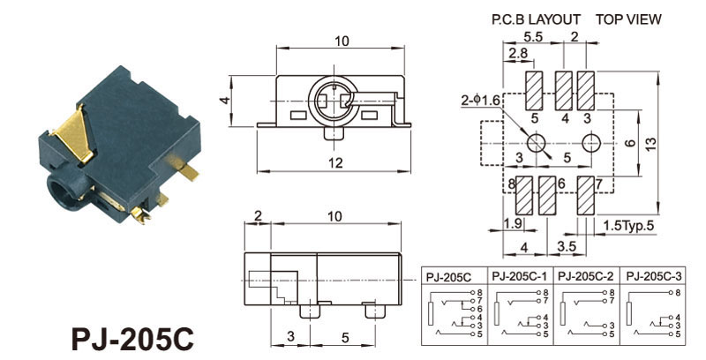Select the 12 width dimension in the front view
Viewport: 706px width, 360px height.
[336, 162]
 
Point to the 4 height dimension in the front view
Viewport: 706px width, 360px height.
[225, 101]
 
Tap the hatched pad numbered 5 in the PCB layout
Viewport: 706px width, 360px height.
[535, 89]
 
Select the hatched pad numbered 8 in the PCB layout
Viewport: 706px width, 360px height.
[522, 196]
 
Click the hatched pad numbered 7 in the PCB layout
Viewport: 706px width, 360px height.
[585, 196]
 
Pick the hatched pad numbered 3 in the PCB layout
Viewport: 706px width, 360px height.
[585, 89]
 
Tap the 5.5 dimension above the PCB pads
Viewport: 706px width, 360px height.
[532, 37]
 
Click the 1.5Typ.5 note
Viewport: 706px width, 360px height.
[630, 227]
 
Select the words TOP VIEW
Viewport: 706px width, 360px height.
[627, 19]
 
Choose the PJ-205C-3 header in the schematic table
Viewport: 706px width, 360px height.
[654, 277]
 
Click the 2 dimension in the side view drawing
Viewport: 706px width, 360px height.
[257, 216]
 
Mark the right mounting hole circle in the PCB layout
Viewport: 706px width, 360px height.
[591, 142]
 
